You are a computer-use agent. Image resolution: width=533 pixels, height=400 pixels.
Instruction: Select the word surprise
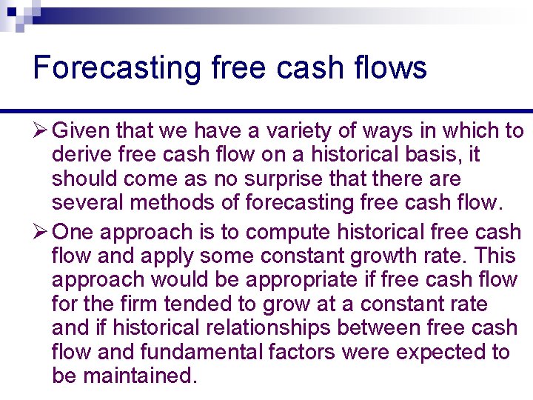(246, 179)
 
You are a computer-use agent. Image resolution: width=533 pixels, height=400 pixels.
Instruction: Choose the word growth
(356, 256)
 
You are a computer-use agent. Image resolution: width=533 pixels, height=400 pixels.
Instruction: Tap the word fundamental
(190, 352)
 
